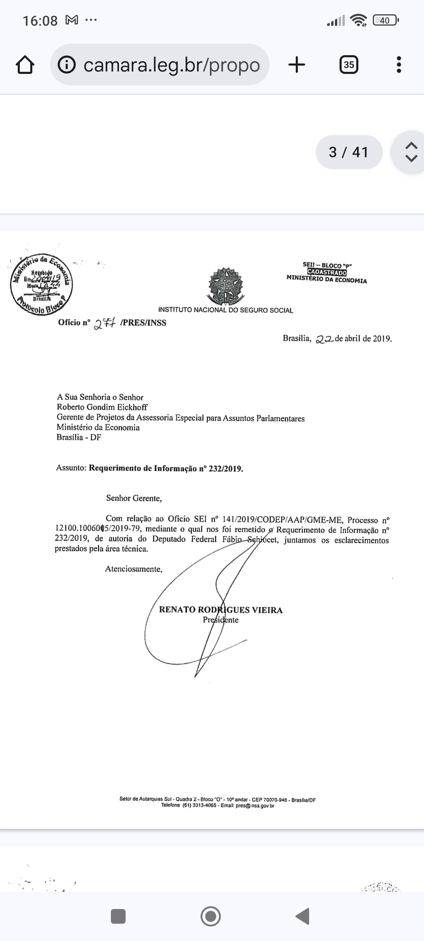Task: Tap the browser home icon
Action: coord(25,65)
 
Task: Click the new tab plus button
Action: coord(297,65)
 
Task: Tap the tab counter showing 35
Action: coord(349,65)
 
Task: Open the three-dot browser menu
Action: coord(399,65)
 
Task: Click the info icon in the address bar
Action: coord(67,65)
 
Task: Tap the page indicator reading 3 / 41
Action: coord(349,152)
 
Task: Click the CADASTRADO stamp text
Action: coord(327,272)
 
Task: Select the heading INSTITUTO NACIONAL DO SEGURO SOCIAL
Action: coord(225,310)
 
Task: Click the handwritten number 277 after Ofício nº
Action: coord(105,323)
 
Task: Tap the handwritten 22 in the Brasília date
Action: coord(324,339)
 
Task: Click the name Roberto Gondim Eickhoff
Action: coord(102,407)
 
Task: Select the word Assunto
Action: coord(71,468)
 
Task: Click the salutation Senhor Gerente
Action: coord(133,498)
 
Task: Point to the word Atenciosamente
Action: coord(133,569)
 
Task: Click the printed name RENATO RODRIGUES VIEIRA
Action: coord(221,610)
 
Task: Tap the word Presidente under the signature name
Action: coord(221,620)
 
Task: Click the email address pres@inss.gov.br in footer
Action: coord(255,805)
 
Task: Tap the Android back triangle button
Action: coord(303,916)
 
